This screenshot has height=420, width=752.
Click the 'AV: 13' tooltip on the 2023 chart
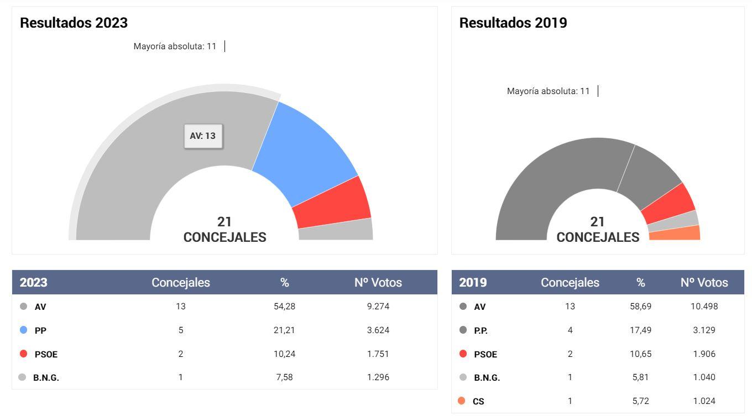click(x=203, y=136)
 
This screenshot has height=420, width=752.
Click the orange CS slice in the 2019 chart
click(x=675, y=234)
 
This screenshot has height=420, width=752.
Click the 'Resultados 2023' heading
click(x=74, y=23)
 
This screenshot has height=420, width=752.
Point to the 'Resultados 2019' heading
click(x=513, y=23)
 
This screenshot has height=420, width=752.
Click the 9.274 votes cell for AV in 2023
click(x=378, y=306)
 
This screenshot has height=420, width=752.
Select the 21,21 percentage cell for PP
click(x=284, y=330)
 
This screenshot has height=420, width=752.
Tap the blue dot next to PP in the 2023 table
click(x=23, y=330)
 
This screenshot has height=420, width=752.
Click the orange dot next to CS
click(x=462, y=401)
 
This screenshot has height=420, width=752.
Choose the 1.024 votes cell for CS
click(x=704, y=401)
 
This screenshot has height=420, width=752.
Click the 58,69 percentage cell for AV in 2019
click(x=640, y=306)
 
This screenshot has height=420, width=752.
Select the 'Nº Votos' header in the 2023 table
click(x=378, y=282)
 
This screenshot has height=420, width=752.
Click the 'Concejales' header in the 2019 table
click(x=570, y=282)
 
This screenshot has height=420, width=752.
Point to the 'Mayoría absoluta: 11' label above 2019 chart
click(x=548, y=91)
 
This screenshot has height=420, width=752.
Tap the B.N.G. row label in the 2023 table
click(x=46, y=377)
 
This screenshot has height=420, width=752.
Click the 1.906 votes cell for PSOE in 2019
click(x=704, y=354)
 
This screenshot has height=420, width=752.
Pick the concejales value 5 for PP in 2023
click(x=181, y=330)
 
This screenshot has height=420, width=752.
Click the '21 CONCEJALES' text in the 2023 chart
click(x=224, y=230)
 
